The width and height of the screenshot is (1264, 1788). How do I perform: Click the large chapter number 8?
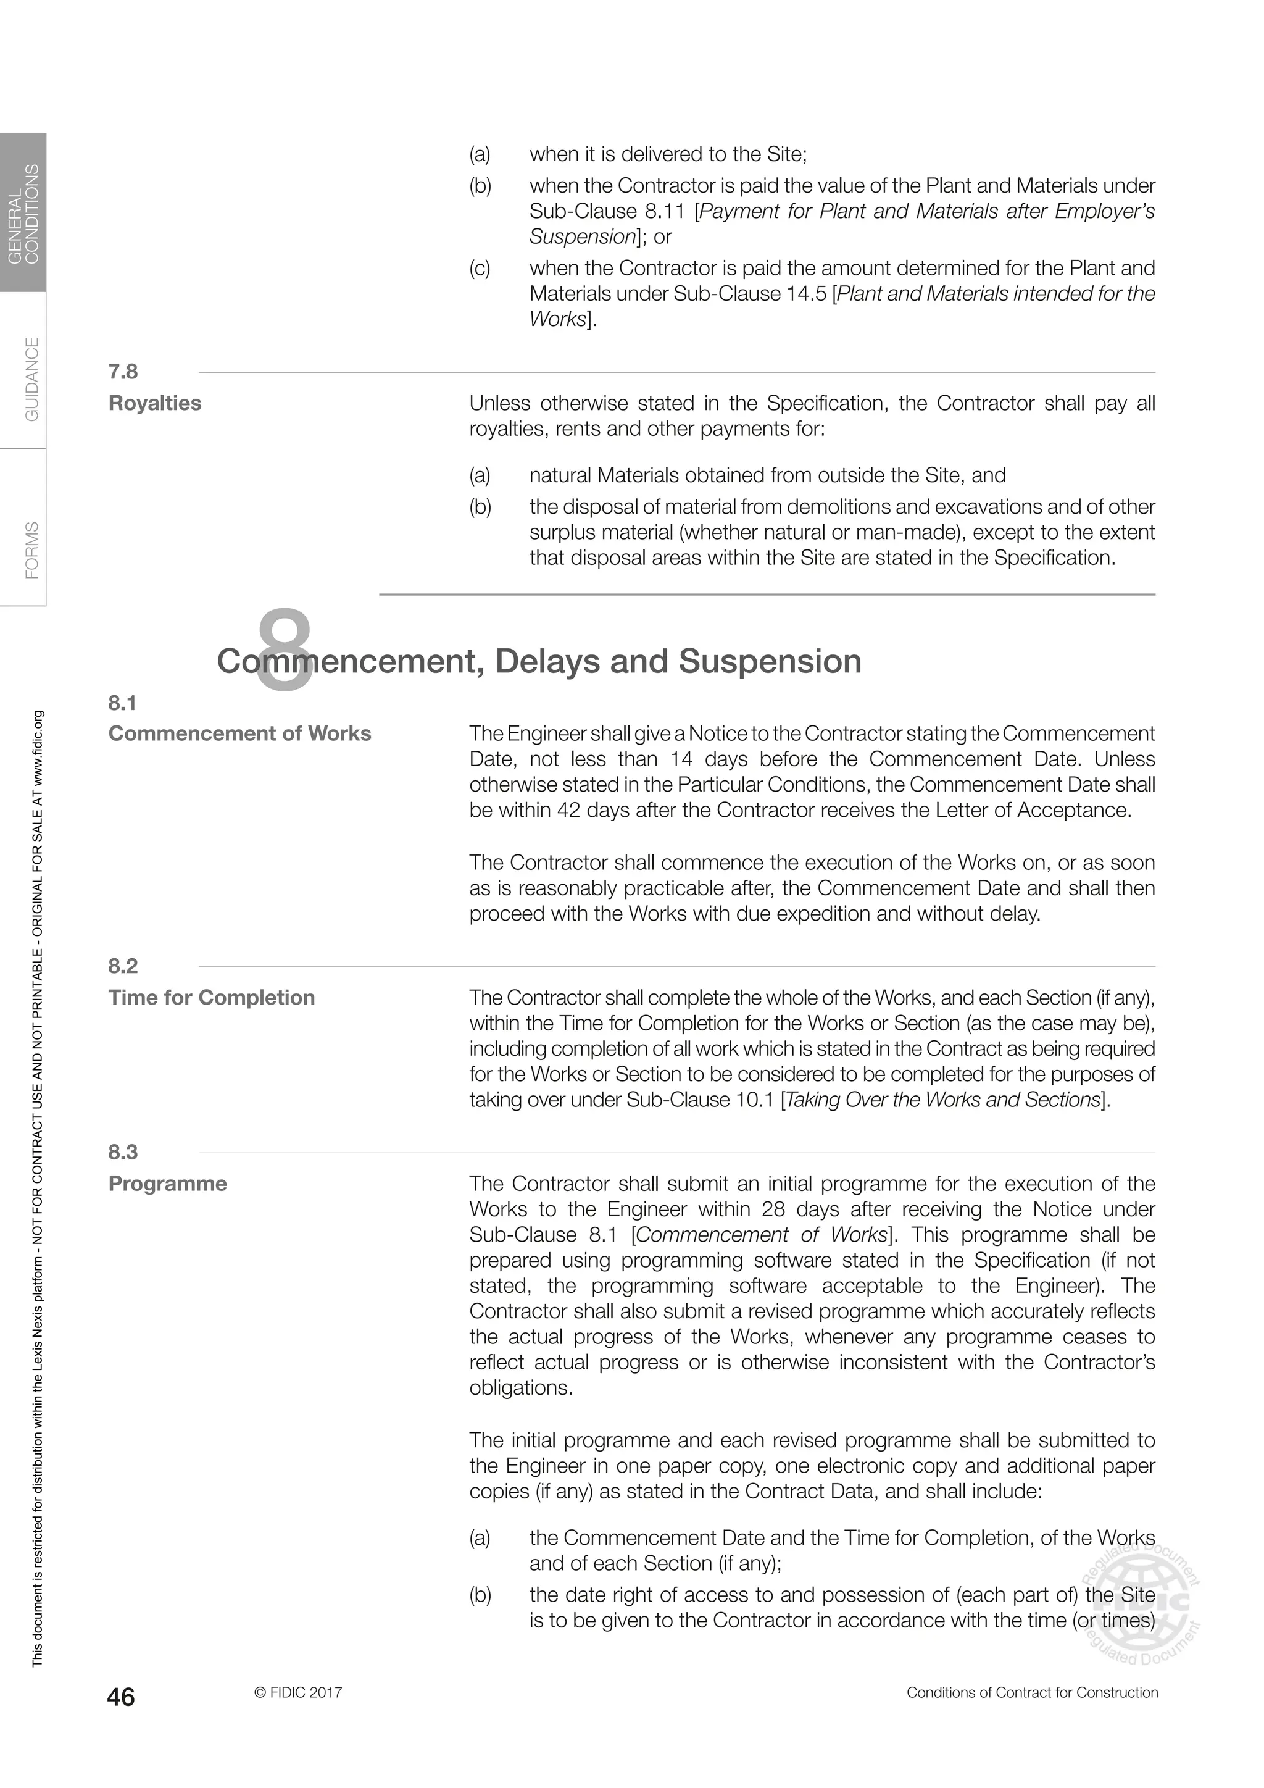284,651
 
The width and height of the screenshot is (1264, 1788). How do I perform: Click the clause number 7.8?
123,372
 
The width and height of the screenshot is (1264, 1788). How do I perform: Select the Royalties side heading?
155,403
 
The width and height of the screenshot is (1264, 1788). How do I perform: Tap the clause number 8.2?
123,966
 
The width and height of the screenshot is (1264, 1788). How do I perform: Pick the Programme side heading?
167,1183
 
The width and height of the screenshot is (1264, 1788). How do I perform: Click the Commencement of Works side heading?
239,733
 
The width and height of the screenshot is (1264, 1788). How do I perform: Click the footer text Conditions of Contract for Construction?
1032,1692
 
